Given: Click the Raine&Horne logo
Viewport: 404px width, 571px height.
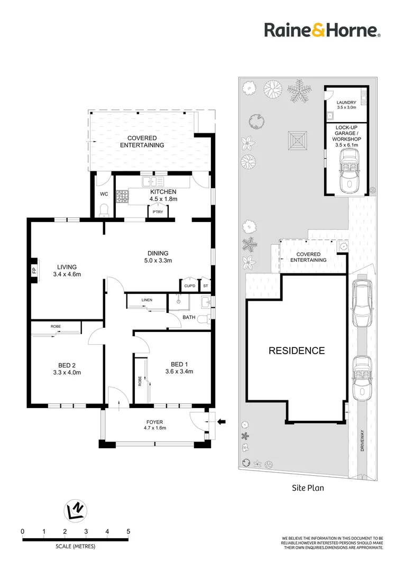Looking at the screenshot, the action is coord(323,30).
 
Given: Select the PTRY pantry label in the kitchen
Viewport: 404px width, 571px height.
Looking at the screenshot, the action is coord(158,212).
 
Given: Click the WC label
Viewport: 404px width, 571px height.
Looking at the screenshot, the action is coord(104,194).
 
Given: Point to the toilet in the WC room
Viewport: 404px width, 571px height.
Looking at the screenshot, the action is coord(104,210).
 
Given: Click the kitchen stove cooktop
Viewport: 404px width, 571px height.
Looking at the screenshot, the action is coord(122,197).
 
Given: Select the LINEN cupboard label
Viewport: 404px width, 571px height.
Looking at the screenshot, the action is coord(147,300).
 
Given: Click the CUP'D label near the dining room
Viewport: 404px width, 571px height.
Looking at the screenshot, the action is coord(190,286).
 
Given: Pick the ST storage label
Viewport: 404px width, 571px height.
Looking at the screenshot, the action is coord(206,286).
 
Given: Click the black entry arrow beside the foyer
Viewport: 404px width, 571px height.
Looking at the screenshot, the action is coord(222,422).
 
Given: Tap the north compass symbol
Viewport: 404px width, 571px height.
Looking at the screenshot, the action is coord(76,510).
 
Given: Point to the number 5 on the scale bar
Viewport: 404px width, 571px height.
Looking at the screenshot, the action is coord(128,532).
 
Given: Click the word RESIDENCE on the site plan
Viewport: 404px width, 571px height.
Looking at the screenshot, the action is coord(297,351).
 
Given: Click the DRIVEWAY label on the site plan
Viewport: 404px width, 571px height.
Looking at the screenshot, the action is coord(362,440).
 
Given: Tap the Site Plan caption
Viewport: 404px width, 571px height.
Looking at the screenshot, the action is coord(308,488).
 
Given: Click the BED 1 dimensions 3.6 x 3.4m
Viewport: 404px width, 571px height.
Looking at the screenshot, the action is coord(179,372).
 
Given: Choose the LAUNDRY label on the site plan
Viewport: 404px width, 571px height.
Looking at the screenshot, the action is coord(346,103).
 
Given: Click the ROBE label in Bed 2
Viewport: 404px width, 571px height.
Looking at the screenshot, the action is coord(56,326).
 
